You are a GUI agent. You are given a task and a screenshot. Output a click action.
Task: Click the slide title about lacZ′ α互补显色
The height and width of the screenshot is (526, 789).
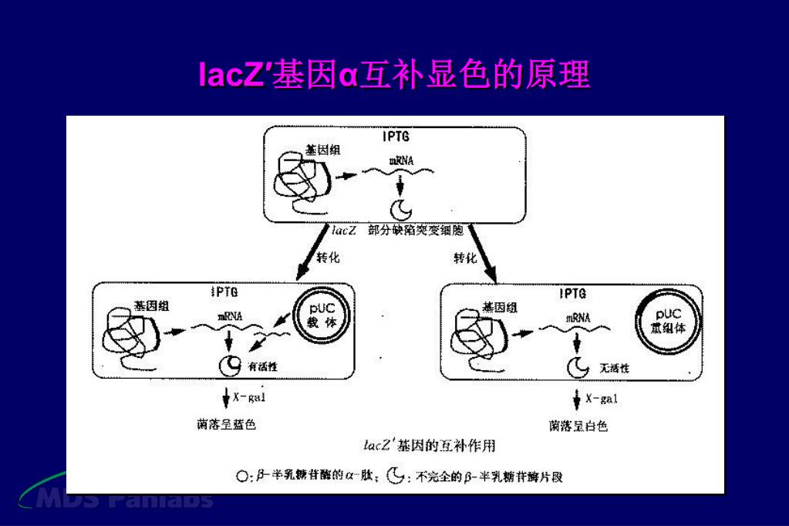pyautogui.click(x=394, y=76)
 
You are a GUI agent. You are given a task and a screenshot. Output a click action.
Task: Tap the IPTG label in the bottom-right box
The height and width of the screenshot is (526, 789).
pyautogui.click(x=572, y=294)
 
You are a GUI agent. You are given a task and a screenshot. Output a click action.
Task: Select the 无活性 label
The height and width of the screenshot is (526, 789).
pyautogui.click(x=614, y=369)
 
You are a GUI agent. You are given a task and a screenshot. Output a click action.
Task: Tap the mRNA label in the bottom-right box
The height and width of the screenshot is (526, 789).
pyautogui.click(x=578, y=317)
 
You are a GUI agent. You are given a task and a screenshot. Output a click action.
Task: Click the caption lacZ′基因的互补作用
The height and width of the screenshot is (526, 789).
pyautogui.click(x=429, y=445)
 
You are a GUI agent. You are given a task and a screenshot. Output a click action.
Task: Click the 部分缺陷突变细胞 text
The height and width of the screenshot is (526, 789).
pyautogui.click(x=416, y=230)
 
